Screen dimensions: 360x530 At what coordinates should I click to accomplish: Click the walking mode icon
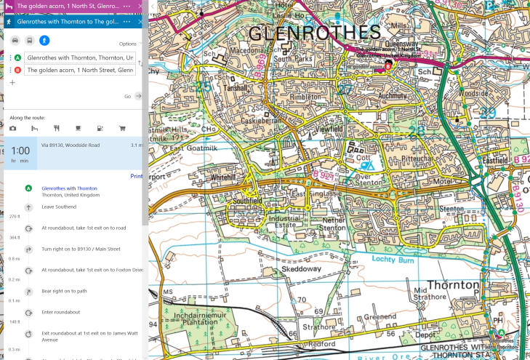pos(44,41)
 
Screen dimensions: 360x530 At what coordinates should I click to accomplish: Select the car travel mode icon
pos(13,41)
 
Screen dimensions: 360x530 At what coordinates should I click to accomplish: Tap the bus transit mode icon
pos(29,41)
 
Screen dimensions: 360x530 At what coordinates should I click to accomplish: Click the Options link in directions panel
pos(128,44)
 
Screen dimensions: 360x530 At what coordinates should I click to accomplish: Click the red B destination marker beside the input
pos(17,70)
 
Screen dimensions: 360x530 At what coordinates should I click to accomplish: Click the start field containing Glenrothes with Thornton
pos(79,57)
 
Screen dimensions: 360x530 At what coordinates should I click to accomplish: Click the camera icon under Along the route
pos(13,128)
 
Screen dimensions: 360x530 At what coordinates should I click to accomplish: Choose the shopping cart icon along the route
pos(122,128)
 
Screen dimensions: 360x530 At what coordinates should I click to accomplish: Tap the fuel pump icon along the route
pos(100,128)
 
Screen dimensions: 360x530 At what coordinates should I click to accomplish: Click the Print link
pos(136,176)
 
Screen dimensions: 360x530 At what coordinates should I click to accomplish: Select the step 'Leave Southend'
pos(58,207)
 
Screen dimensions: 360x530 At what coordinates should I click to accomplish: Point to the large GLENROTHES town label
pos(314,33)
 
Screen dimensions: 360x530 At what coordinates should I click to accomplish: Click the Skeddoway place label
pos(302,269)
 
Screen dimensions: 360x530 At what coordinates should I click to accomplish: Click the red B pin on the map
pos(388,65)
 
